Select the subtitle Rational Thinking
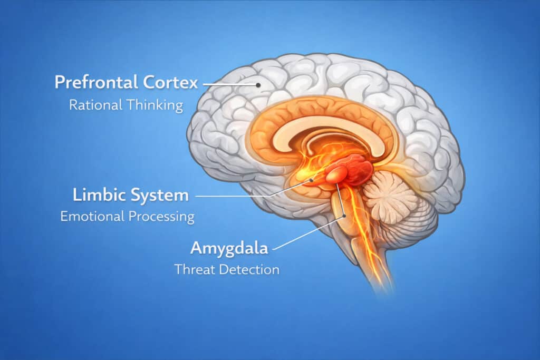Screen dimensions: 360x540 (126, 104)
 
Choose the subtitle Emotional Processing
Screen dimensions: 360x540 (127, 216)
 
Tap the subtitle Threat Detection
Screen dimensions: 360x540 (227, 270)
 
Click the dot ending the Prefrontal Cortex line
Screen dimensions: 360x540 (258, 84)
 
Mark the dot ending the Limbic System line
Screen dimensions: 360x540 (312, 180)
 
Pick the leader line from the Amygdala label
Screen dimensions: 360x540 (306, 232)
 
